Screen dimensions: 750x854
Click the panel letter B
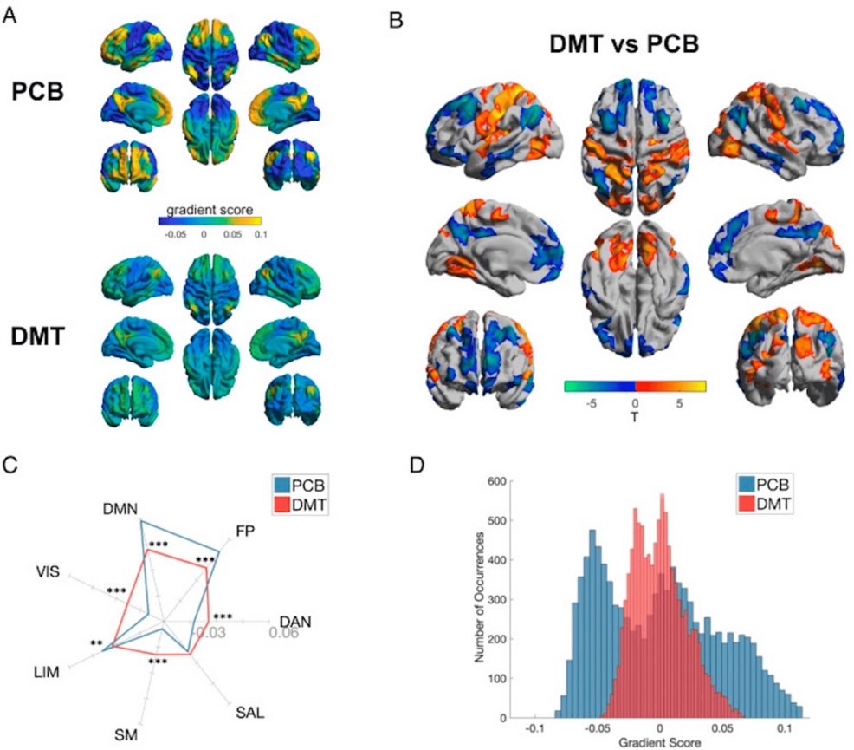(395, 15)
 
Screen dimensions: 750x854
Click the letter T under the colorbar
(635, 412)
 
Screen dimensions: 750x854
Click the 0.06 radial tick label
(283, 634)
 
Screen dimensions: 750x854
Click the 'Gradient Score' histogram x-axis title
(659, 743)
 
